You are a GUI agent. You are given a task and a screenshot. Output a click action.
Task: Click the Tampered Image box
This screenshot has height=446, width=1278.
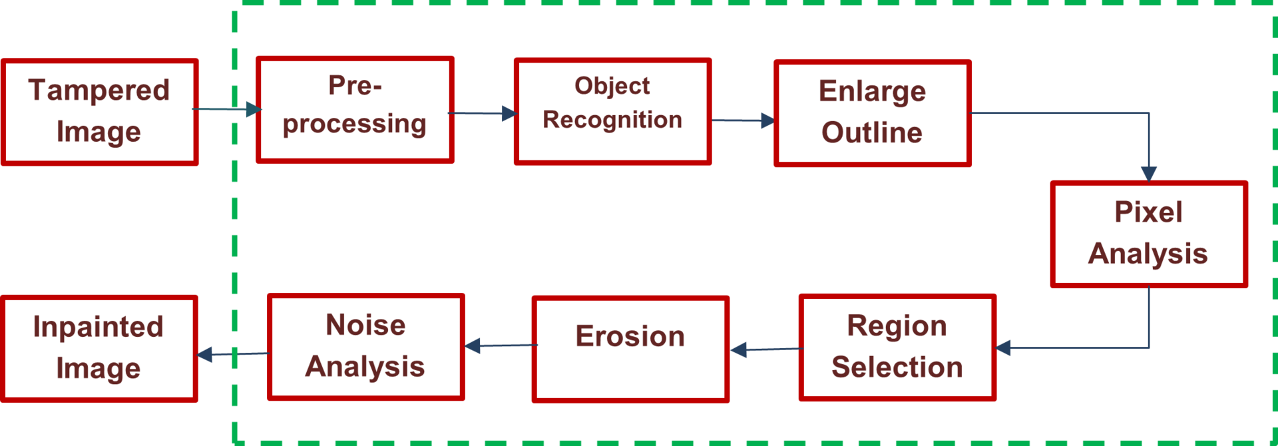click(x=99, y=112)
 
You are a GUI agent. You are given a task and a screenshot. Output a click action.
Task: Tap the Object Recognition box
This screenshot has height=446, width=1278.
click(x=612, y=111)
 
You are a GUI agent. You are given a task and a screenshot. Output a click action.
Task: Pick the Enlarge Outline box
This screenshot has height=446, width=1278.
click(x=872, y=113)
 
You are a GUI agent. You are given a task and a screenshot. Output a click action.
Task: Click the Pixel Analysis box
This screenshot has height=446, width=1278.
click(x=1148, y=234)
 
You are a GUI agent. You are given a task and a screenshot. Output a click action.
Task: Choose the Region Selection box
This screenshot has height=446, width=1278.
click(x=897, y=347)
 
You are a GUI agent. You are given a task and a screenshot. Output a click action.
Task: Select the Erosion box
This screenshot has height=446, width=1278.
click(x=630, y=349)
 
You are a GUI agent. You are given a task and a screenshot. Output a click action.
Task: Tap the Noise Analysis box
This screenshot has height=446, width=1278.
click(x=365, y=347)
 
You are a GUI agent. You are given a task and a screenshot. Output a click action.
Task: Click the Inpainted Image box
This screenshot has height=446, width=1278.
click(x=99, y=349)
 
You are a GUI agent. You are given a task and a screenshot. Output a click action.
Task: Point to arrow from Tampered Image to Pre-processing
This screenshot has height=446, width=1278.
click(x=226, y=109)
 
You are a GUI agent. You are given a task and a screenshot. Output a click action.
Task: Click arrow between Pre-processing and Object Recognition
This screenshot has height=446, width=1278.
click(x=483, y=113)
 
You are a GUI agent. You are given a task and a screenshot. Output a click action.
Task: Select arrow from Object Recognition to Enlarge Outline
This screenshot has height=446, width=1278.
click(x=742, y=120)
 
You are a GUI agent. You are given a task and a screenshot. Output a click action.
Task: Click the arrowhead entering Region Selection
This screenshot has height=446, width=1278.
click(x=1004, y=347)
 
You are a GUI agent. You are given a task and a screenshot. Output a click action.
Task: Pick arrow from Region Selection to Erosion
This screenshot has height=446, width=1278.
click(x=765, y=349)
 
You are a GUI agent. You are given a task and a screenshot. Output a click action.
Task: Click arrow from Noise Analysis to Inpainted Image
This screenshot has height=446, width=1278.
click(x=233, y=354)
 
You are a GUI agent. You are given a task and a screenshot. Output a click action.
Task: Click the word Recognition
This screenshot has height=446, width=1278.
click(x=612, y=120)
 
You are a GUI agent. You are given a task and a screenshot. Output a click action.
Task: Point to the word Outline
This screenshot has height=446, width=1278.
click(x=872, y=132)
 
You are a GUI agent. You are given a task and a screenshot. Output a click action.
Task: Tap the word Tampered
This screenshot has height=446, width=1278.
click(x=99, y=91)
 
